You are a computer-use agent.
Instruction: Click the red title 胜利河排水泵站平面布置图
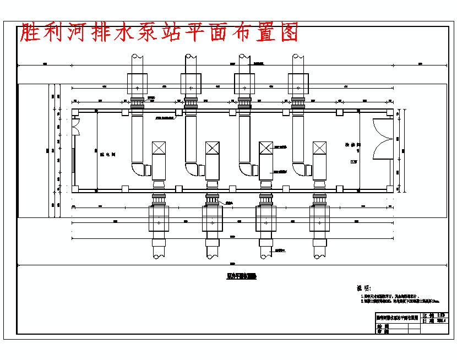[159, 33]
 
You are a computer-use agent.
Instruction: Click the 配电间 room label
[102, 155]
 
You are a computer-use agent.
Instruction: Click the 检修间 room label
[352, 145]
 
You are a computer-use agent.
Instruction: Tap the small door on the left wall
[77, 128]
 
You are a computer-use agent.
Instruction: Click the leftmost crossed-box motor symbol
[159, 148]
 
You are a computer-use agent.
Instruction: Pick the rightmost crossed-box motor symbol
[320, 148]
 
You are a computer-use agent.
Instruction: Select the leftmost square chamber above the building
[137, 83]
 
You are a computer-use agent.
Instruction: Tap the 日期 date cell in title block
[428, 320]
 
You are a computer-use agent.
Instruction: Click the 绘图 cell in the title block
[383, 326]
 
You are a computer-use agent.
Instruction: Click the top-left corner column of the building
[75, 112]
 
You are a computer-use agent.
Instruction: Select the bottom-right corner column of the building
[398, 189]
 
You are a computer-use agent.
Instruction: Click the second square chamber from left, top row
[191, 83]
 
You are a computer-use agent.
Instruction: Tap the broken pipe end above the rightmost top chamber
[298, 58]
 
